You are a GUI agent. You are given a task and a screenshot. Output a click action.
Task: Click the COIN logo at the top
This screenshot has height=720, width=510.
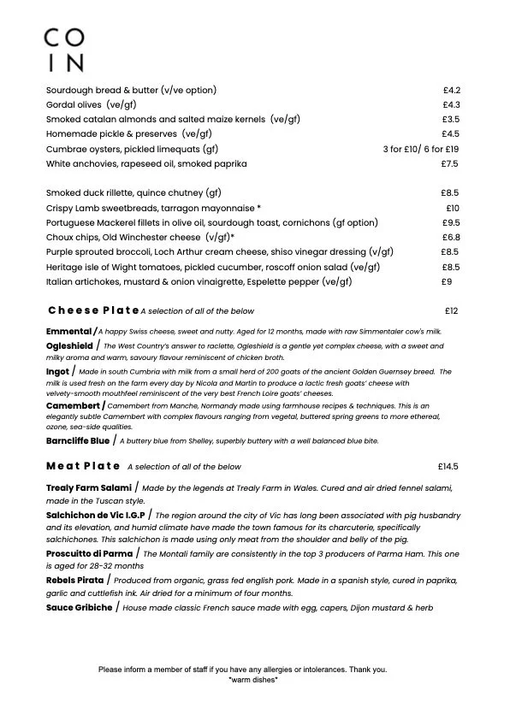tap(65, 50)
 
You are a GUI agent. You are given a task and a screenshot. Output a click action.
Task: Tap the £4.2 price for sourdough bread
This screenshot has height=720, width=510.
tap(452, 90)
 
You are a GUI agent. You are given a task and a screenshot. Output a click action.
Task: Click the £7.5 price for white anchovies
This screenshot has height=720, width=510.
tap(451, 163)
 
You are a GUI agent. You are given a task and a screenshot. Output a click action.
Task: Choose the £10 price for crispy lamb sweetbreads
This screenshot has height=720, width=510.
tap(453, 208)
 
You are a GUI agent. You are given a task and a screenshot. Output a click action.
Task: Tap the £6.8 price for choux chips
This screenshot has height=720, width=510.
tap(452, 237)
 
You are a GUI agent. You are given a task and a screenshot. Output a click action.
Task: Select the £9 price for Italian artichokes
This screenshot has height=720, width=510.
tap(447, 281)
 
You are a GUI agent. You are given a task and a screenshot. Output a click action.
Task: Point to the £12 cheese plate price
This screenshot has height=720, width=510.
tap(452, 310)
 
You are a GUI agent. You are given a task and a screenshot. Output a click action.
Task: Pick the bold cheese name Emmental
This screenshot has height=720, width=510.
tap(68, 331)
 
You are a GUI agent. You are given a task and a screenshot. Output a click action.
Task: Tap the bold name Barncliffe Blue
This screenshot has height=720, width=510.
tap(78, 441)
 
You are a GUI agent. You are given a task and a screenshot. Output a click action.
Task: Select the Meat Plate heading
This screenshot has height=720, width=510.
tap(83, 467)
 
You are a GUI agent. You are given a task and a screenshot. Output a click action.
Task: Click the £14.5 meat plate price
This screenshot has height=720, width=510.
tap(448, 467)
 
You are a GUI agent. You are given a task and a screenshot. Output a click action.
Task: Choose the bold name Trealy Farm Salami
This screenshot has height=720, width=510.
tap(88, 488)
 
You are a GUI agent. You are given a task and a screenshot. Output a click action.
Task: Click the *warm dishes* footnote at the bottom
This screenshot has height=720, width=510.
tap(253, 680)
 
